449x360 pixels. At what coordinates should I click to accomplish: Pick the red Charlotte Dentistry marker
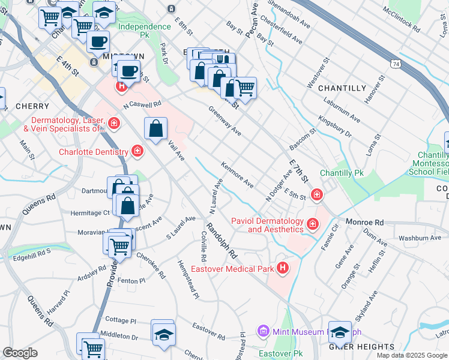click(x=137, y=151)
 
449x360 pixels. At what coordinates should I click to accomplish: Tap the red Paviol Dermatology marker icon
click(x=312, y=225)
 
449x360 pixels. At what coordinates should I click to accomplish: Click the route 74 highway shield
click(x=394, y=62)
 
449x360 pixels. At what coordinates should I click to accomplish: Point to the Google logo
click(x=20, y=353)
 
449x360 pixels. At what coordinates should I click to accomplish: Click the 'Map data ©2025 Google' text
click(x=411, y=355)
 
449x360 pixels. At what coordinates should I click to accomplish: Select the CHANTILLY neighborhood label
click(x=342, y=88)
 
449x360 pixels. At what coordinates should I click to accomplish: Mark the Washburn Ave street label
click(x=403, y=238)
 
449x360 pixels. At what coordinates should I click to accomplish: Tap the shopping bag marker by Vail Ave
click(x=155, y=128)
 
